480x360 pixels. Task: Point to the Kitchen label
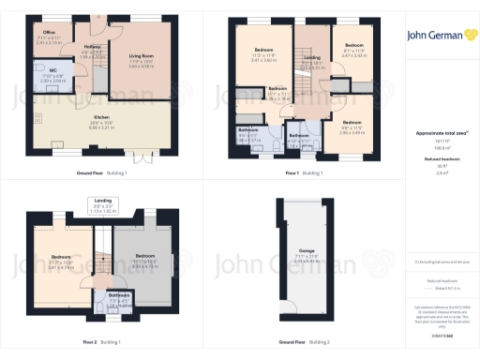tap(102, 118)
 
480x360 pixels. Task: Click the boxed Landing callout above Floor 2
tap(105, 204)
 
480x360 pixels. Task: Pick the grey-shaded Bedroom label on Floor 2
tap(144, 255)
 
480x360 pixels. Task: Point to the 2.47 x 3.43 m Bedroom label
tap(353, 46)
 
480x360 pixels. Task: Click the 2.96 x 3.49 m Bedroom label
tap(352, 123)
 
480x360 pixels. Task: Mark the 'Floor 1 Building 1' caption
tap(305, 173)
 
